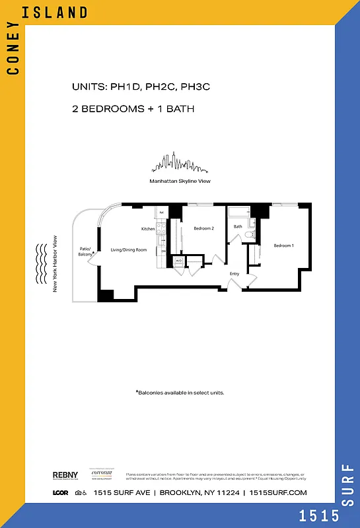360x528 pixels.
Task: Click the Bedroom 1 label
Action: tap(283, 246)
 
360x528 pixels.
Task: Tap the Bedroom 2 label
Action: tap(204, 228)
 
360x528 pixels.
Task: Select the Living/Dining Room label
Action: tap(128, 250)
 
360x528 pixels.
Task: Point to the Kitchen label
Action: tap(148, 229)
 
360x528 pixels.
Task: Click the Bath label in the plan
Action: tap(238, 226)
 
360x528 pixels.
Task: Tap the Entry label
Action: tap(234, 273)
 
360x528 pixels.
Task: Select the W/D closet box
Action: tap(178, 261)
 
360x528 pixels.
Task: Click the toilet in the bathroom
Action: tap(250, 234)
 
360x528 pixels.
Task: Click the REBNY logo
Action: tap(65, 475)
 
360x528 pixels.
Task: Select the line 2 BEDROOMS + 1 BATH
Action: tap(133, 109)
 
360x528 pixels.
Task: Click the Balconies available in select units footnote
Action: tap(180, 393)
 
